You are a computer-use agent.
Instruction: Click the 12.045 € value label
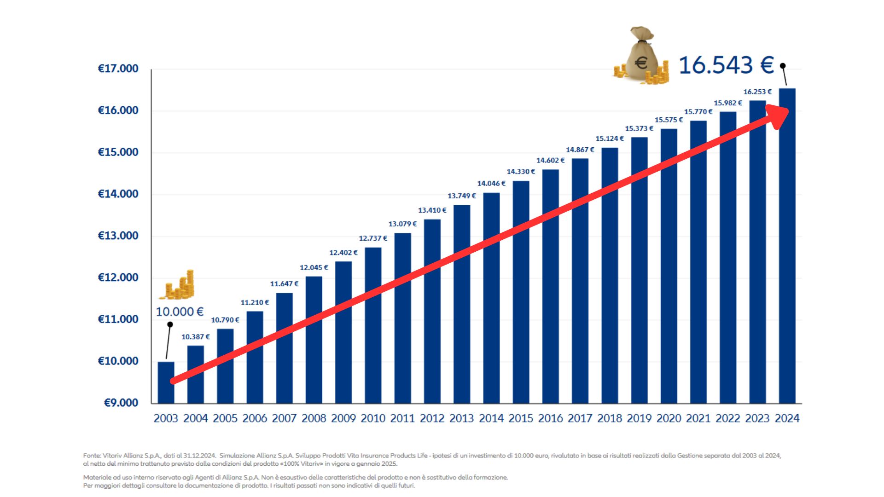(314, 268)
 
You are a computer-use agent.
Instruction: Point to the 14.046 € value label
(491, 184)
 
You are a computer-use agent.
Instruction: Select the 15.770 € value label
(698, 112)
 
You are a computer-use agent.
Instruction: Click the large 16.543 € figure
(726, 65)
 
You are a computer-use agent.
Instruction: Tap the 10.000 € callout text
(180, 312)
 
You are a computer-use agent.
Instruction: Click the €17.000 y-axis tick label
(118, 69)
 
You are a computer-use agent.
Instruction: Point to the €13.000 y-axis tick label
(118, 236)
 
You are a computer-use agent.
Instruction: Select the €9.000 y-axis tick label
(121, 403)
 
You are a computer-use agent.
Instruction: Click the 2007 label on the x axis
(284, 418)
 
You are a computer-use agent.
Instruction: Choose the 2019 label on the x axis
(639, 418)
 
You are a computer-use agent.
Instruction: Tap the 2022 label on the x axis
(728, 418)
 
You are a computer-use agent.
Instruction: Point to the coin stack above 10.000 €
(178, 285)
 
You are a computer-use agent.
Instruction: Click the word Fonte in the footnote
(92, 456)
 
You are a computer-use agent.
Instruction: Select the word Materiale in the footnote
(98, 478)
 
